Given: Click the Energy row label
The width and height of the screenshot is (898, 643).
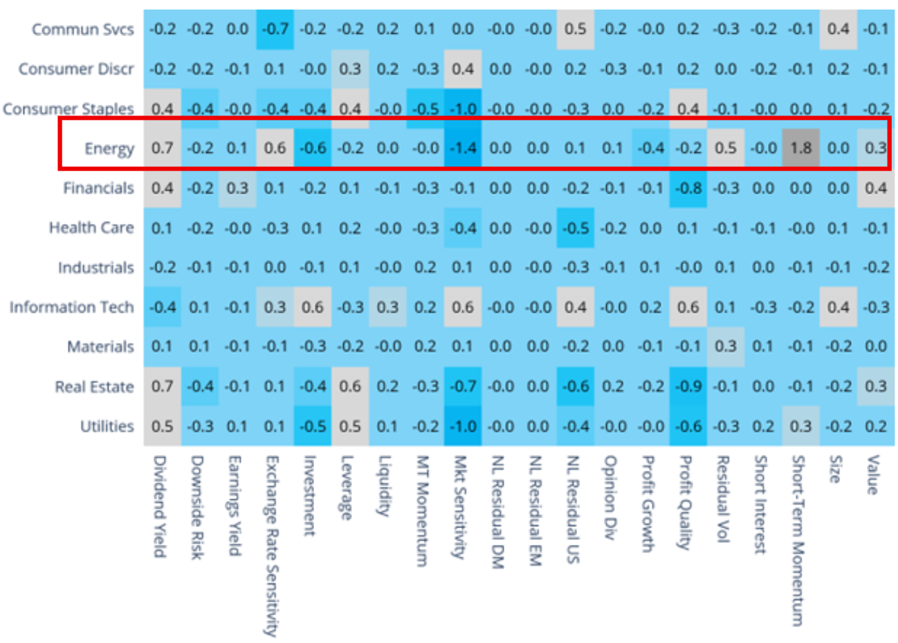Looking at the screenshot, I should (109, 149).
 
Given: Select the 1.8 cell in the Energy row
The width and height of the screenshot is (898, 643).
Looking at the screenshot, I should (800, 148).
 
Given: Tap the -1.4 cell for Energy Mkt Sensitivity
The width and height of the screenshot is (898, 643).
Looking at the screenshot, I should (463, 148).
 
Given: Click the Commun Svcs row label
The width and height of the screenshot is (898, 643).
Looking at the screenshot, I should (82, 30).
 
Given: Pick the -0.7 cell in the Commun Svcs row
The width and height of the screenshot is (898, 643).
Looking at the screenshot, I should (275, 29).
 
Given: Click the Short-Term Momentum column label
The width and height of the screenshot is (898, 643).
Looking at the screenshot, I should (798, 540).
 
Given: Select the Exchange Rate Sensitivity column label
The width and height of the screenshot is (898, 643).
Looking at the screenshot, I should (272, 546).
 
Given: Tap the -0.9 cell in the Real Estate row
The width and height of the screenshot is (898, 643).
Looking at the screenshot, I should (688, 386).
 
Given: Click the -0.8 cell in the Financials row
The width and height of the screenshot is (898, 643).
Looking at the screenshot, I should (688, 188).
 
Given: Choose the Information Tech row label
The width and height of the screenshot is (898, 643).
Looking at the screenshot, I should (71, 307).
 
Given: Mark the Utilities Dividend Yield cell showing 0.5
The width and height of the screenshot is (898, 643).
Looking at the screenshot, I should (162, 426).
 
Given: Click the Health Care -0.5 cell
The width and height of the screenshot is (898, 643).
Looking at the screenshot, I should (575, 227).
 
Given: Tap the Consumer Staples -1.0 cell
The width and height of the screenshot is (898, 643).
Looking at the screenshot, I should (463, 109).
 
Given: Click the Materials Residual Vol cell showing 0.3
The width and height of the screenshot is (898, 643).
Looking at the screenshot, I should (725, 346).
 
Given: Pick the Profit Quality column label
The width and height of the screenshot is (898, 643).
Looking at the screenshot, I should (686, 502).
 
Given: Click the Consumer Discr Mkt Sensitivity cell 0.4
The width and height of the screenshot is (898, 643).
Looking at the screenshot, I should (463, 69).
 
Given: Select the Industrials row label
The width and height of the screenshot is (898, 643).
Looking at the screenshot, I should (95, 268).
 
